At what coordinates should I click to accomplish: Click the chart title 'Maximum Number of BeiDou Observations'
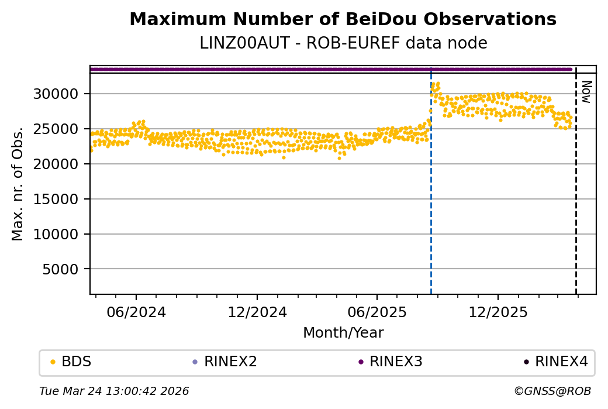tap(343, 19)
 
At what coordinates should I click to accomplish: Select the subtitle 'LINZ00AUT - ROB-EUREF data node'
tap(343, 43)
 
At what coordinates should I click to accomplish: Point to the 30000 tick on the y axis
tap(61, 94)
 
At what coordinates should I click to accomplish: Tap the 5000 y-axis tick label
tap(65, 269)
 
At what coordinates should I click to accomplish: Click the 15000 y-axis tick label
tap(61, 199)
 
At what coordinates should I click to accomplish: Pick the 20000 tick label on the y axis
tap(61, 164)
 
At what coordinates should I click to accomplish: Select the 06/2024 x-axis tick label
tap(136, 311)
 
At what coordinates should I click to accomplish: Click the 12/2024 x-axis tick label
tap(257, 311)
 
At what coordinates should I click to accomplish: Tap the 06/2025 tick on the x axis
tap(377, 311)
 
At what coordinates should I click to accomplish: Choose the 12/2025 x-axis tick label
tap(498, 311)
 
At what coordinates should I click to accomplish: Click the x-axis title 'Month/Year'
tap(343, 333)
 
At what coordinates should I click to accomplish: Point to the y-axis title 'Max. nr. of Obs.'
tap(18, 183)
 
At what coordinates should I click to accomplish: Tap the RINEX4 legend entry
tap(555, 362)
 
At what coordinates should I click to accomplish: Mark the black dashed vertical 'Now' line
tap(576, 187)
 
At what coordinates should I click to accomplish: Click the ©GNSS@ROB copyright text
tap(552, 391)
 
